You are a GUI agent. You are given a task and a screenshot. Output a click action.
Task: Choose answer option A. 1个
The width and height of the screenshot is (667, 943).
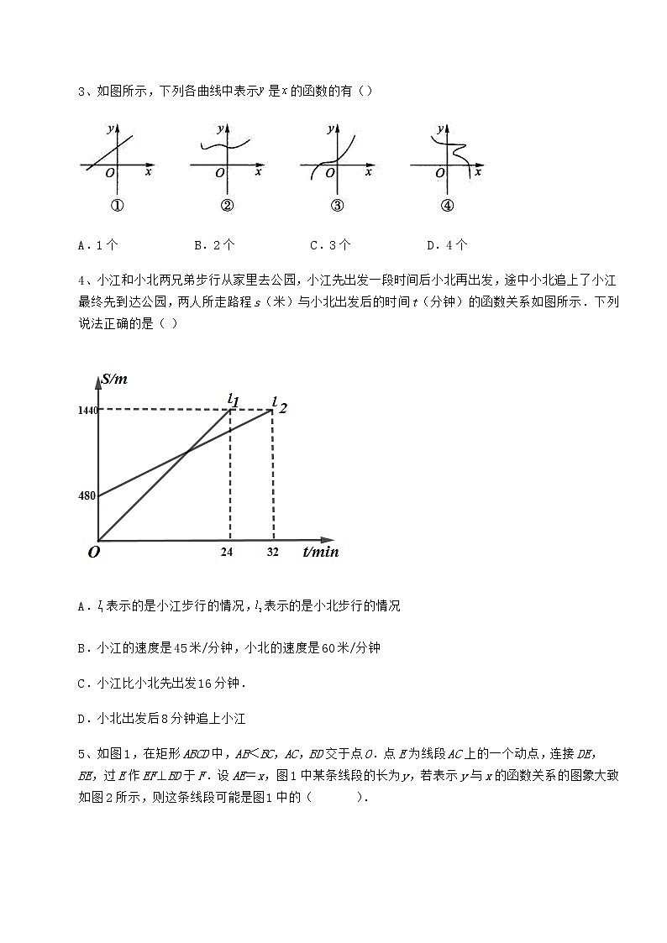[97, 245]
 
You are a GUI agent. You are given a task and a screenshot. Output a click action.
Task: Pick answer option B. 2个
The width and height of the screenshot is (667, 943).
[213, 245]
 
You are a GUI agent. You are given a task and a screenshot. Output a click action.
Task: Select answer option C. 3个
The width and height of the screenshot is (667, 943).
[329, 245]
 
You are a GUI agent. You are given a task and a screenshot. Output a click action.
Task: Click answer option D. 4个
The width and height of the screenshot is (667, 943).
[446, 245]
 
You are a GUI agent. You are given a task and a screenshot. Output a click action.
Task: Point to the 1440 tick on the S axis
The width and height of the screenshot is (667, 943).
[87, 410]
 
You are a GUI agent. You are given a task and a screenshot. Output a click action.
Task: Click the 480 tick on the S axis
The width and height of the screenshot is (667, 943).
[88, 495]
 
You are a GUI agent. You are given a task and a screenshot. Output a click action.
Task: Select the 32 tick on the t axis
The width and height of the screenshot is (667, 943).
[273, 552]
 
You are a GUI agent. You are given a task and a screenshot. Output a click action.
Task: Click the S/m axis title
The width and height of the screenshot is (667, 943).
[113, 380]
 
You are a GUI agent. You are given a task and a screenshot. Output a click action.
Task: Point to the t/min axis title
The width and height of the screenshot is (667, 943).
[319, 552]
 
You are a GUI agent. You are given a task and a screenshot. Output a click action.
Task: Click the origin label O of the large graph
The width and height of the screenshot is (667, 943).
[93, 552]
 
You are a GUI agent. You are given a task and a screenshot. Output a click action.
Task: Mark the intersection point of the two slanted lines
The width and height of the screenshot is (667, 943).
[186, 453]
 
